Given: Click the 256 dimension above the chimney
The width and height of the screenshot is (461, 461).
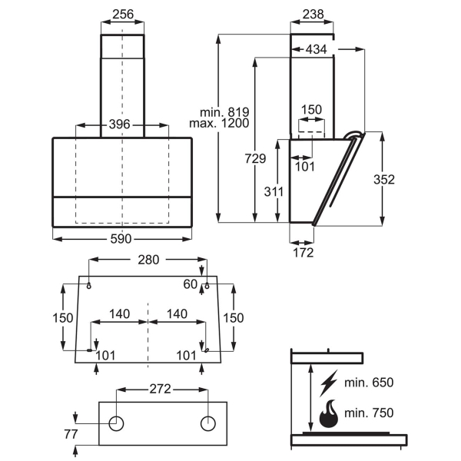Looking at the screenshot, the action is point(123,14).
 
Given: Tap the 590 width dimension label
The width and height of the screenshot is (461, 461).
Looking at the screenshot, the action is point(121,239).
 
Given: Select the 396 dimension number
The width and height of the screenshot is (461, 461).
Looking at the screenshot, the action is point(119,124).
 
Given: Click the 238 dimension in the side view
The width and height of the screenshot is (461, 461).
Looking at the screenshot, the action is point(313,14).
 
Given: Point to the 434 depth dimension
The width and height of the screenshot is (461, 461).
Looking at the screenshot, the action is point(316,49).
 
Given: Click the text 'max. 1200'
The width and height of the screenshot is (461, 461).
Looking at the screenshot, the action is point(219,123).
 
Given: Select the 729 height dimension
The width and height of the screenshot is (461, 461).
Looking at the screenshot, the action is point(255,158).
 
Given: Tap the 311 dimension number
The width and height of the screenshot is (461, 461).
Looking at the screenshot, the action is point(274,191).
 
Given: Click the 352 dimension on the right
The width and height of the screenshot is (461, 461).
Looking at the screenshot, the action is point(384,179).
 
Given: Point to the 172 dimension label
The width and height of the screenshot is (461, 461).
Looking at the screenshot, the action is point(303,253).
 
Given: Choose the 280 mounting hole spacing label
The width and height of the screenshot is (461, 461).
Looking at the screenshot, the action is point(148,260).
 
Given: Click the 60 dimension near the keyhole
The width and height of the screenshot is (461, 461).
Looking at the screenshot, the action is point(191,284).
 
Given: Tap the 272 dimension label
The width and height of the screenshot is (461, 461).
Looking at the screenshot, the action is point(161,389).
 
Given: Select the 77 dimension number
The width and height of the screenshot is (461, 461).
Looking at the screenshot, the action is point(71,434).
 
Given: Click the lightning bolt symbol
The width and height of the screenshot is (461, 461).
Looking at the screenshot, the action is point(329,383).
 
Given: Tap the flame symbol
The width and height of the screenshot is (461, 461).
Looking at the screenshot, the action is point(328,413).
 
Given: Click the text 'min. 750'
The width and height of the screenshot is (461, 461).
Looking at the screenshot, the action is point(369,413).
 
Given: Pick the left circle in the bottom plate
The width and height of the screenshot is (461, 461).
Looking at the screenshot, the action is point(116,423).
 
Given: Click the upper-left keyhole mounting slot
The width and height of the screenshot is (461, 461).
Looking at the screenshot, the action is point(89,285).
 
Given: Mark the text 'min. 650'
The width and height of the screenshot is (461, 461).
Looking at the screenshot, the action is point(369,383).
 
